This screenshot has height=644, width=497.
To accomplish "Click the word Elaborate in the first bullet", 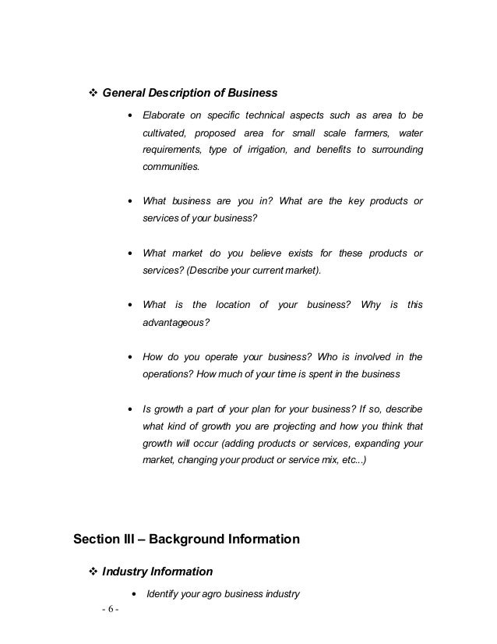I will click(x=164, y=115).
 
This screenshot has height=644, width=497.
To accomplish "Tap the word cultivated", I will click(x=166, y=133).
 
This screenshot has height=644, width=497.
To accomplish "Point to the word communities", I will click(x=171, y=167).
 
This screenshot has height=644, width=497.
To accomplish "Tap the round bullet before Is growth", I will click(x=129, y=409).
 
